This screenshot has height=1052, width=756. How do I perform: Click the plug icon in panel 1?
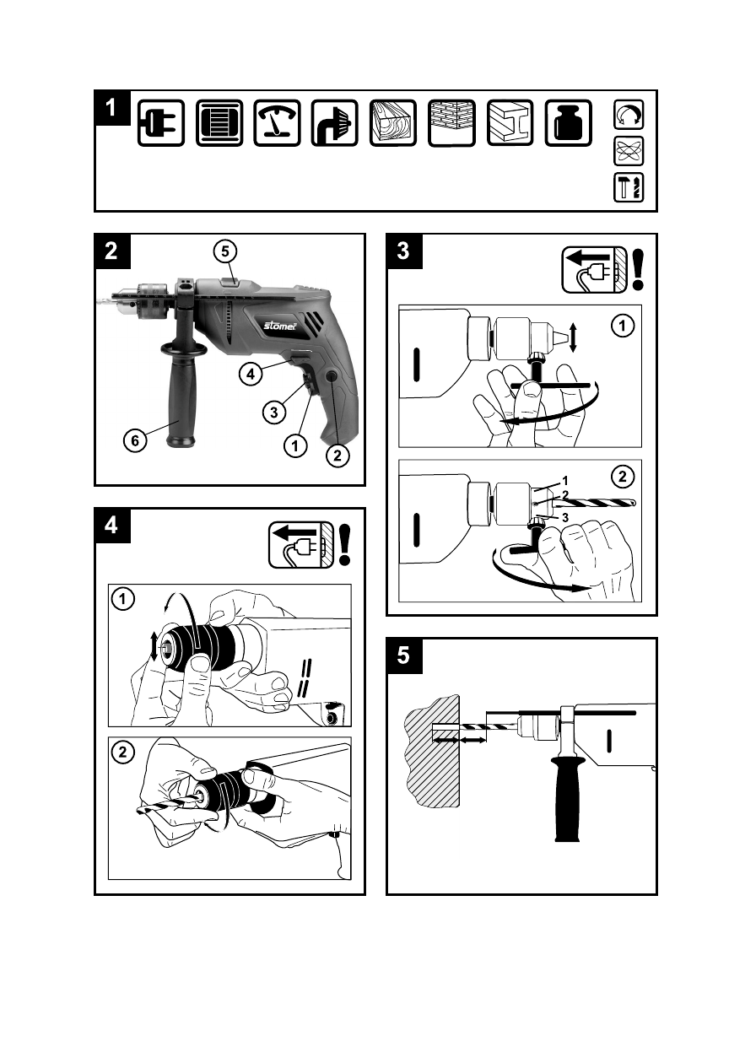(x=161, y=123)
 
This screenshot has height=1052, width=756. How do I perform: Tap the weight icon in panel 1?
(x=568, y=123)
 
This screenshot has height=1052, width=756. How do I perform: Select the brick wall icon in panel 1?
(x=451, y=123)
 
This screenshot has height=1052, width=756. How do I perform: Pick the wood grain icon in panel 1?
(x=393, y=123)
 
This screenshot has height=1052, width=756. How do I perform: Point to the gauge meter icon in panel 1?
(x=278, y=123)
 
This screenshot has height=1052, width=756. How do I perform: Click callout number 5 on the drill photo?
(x=225, y=251)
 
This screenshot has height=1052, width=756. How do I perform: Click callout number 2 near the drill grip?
(x=337, y=456)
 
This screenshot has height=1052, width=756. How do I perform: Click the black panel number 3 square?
(x=403, y=251)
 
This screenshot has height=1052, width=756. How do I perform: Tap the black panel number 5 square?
(x=403, y=655)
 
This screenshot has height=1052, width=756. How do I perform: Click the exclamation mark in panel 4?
(x=345, y=544)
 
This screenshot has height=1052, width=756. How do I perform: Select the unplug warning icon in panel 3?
(x=594, y=270)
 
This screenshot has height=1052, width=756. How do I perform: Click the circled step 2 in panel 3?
(x=623, y=477)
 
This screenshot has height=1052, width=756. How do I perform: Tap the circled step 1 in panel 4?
(x=124, y=600)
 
